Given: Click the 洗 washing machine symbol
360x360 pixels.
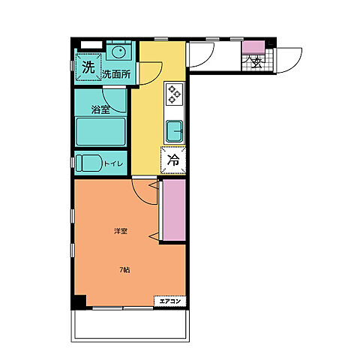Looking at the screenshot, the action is [x=88, y=67].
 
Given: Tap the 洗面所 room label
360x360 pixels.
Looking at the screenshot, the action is [x=116, y=74].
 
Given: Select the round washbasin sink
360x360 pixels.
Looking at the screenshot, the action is [x=118, y=52].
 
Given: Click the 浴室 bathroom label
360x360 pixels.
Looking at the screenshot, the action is [x=100, y=109].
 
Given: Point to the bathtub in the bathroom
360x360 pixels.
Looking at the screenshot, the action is [x=100, y=132].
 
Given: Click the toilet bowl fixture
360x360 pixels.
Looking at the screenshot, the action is [x=88, y=163].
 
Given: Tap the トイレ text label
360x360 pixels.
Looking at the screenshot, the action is [x=113, y=163].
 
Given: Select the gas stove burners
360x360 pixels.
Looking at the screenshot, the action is [x=174, y=94].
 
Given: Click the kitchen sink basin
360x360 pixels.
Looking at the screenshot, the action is [x=174, y=131].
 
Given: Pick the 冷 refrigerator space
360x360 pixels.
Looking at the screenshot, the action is [x=173, y=160].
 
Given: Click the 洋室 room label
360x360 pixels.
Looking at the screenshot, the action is [x=121, y=231].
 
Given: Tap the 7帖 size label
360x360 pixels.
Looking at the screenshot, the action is [x=124, y=270].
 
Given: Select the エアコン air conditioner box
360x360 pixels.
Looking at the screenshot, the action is [x=170, y=301].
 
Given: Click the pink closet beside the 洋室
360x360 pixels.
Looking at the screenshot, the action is [x=174, y=210].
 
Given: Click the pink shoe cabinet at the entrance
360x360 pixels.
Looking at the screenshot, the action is [x=253, y=47].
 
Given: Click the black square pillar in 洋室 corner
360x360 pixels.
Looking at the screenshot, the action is [x=79, y=302].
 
